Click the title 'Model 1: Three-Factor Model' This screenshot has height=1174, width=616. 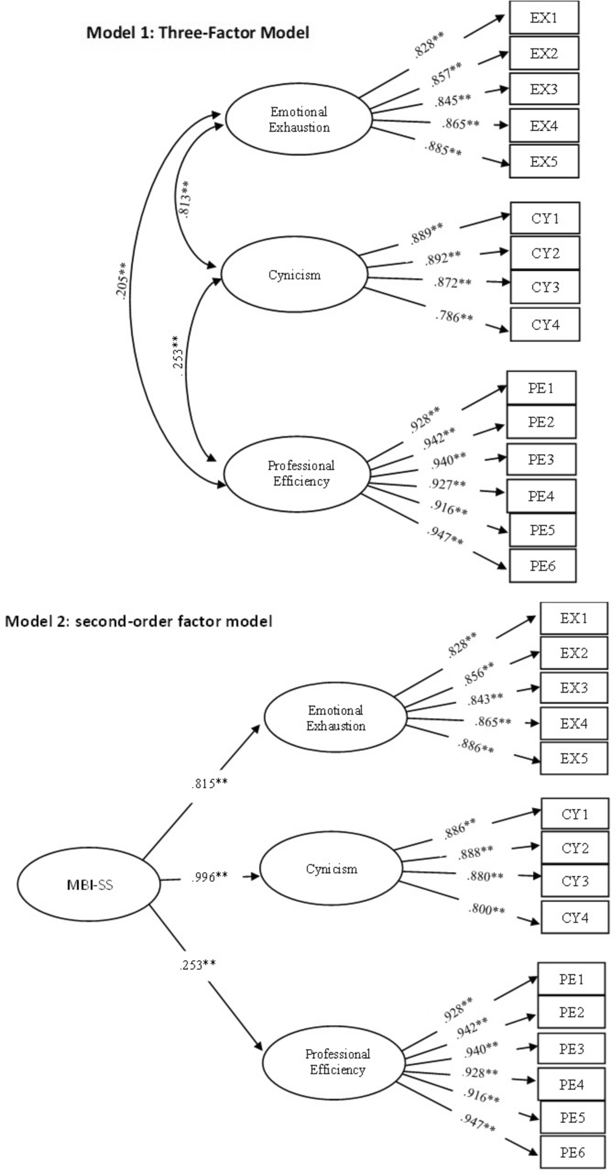pos(198,33)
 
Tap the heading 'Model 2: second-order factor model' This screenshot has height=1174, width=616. pos(139,621)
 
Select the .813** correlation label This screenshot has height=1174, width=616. pos(184,199)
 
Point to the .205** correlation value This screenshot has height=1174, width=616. pos(122,281)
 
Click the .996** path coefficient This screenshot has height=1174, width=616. pos(209,877)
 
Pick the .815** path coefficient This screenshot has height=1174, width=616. pos(209,784)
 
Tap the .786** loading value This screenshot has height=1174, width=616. pos(454,316)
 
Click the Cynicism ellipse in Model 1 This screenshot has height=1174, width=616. pos(295,274)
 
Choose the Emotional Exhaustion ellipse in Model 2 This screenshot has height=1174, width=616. pos(335,717)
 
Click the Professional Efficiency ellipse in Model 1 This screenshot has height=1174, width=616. pos(297,474)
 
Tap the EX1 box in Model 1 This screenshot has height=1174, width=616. pos(544,18)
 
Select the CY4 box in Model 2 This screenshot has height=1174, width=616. pos(575,918)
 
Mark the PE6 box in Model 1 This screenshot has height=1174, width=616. pos(542,566)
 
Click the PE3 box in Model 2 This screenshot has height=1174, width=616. pos(571,1049)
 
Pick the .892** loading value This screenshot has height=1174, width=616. pos(443,258)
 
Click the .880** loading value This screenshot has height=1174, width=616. pos(485,876)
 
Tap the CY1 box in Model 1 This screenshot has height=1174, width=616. pos(545,218)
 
